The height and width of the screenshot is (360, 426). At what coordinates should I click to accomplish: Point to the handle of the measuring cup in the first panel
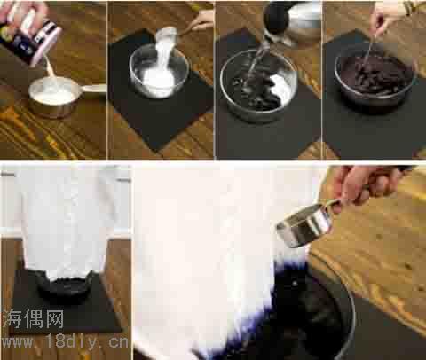click(92, 90)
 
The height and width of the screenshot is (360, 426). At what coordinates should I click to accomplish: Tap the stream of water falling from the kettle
click(258, 62)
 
